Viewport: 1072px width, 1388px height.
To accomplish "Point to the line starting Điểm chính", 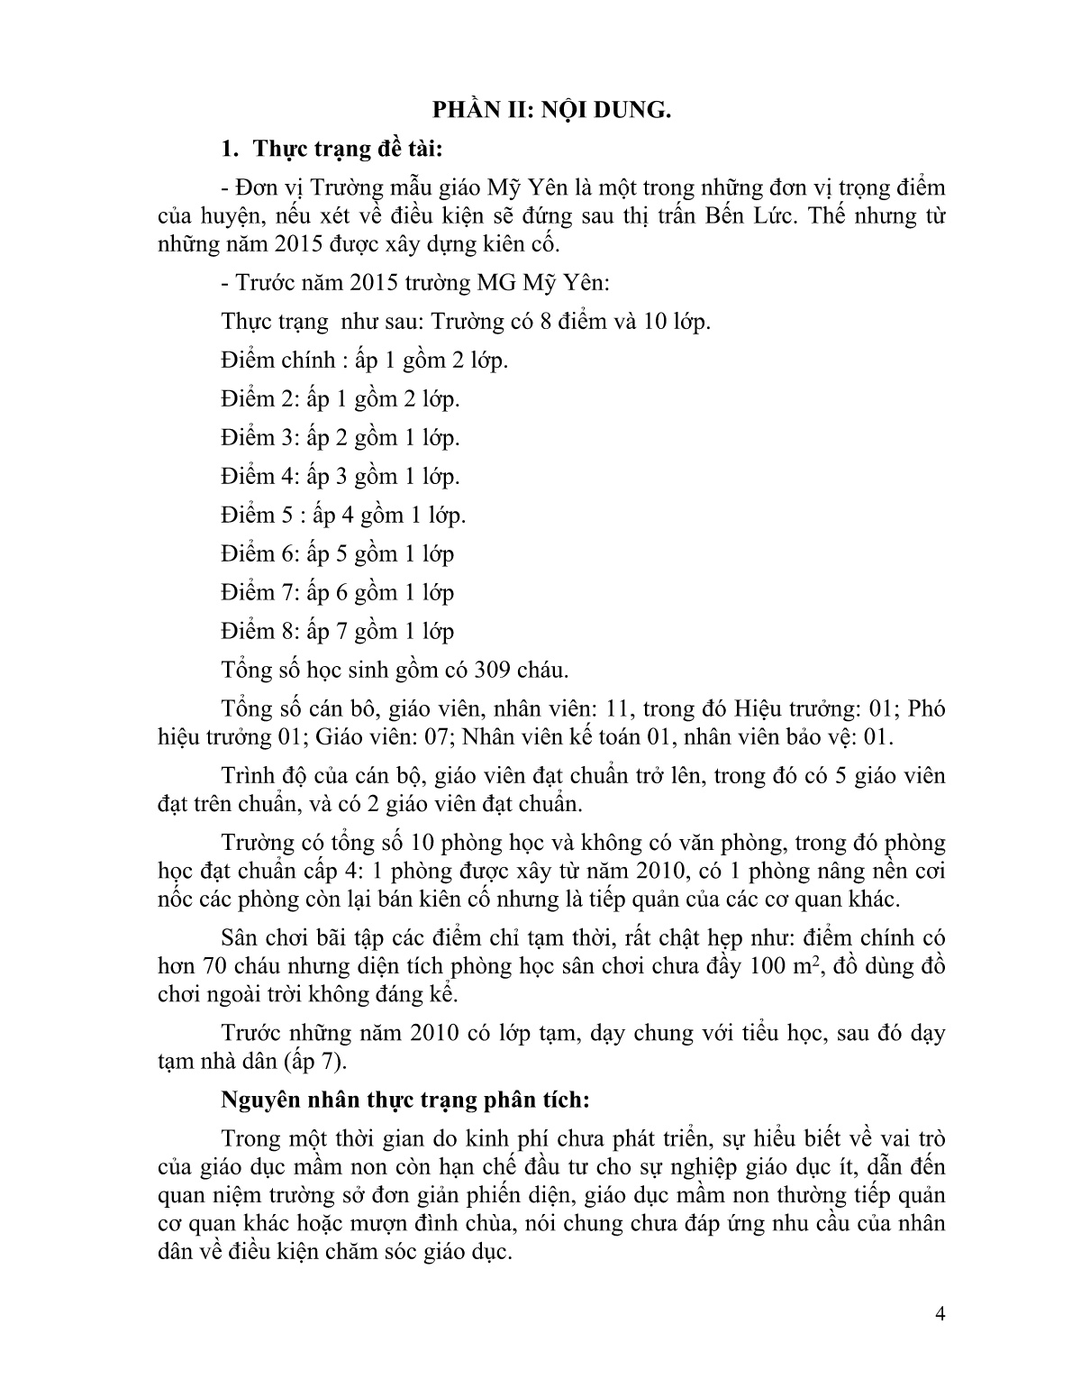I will click(x=364, y=361).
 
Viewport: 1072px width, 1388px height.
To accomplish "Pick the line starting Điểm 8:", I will click(x=337, y=631).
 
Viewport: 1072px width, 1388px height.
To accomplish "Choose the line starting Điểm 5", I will click(x=342, y=516).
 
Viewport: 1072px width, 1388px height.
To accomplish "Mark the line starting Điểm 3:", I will click(x=340, y=438).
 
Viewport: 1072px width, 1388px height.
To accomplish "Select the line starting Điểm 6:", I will click(x=337, y=553).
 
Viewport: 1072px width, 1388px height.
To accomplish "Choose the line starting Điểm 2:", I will click(x=340, y=399).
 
